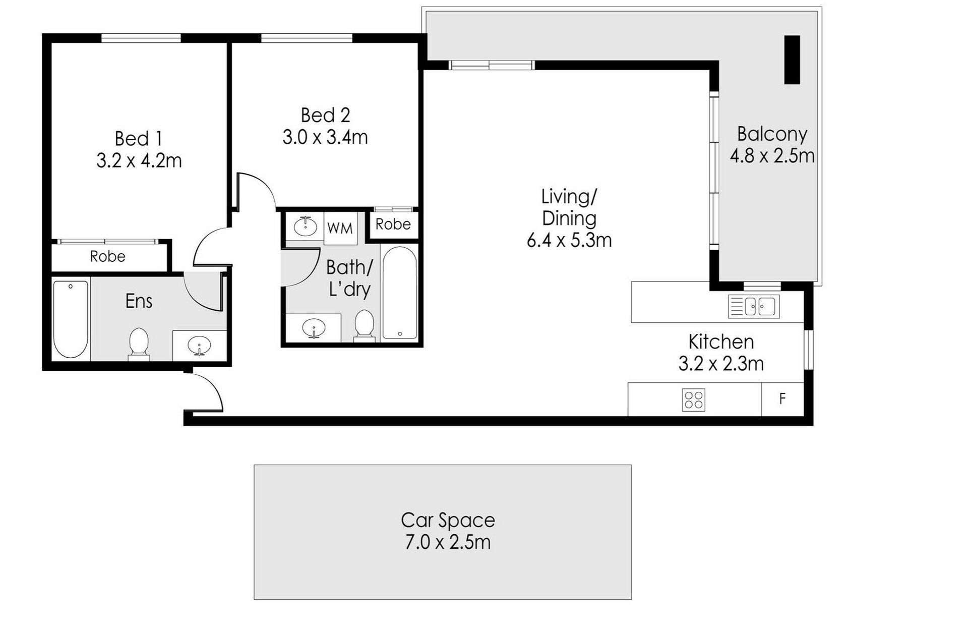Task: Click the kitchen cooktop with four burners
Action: click(693, 400)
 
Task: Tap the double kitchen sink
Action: click(754, 306)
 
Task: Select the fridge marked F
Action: click(782, 399)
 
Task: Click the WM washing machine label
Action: click(340, 228)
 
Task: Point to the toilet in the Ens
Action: click(139, 345)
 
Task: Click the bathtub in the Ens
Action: click(71, 319)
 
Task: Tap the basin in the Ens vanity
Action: click(199, 346)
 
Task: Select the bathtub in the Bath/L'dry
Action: click(399, 293)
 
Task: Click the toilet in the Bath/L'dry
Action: click(364, 326)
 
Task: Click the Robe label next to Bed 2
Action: click(393, 224)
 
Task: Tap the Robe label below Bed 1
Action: click(107, 256)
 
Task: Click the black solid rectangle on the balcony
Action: click(792, 60)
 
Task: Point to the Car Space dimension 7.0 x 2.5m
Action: click(448, 542)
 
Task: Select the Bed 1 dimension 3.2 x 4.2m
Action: click(139, 161)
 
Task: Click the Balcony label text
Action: click(772, 134)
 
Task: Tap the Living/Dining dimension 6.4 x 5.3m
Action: click(569, 240)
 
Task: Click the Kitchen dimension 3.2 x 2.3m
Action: click(721, 363)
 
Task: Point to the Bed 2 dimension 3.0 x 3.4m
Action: click(325, 137)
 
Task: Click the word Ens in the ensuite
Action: click(139, 301)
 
